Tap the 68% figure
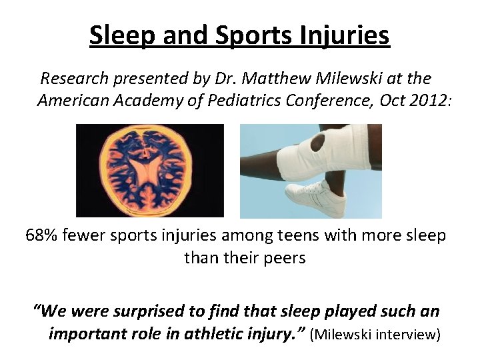coord(43,236)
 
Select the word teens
coord(265,236)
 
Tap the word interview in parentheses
coord(407,333)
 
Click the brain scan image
coord(149,171)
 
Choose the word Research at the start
coord(74,79)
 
